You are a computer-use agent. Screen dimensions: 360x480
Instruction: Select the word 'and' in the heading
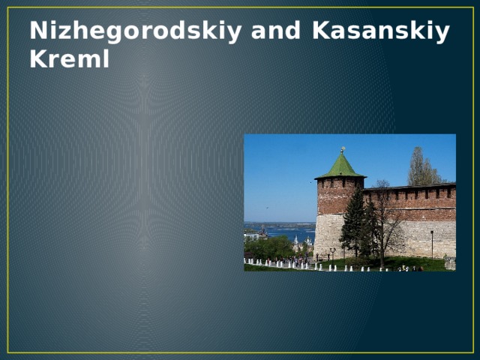(277, 31)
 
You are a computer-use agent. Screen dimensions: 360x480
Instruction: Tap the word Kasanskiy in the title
(381, 31)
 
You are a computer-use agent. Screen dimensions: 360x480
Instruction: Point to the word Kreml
(69, 60)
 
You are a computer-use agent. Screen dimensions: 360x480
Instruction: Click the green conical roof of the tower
(340, 166)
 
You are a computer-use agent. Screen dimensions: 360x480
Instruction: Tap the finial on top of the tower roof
(342, 149)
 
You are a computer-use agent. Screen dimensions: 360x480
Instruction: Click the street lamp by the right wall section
(431, 241)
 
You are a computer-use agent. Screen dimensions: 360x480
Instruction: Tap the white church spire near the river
(296, 241)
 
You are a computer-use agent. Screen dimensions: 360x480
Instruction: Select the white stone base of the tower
(328, 232)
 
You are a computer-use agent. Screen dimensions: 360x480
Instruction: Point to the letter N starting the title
(37, 31)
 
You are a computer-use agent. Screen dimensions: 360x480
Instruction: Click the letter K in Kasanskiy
(320, 31)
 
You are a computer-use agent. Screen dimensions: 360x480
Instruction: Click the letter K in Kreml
(38, 60)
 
